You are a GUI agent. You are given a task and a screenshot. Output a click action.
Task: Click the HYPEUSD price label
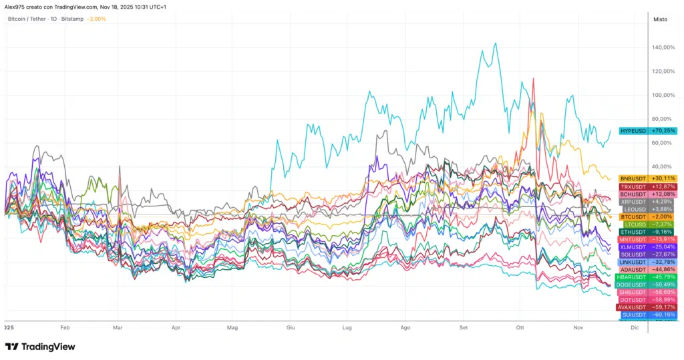[647, 131]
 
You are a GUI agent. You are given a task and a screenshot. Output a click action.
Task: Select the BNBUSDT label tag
[647, 178]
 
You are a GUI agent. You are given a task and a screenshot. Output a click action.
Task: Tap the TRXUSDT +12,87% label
[647, 186]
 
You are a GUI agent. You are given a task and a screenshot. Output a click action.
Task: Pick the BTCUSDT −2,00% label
[647, 216]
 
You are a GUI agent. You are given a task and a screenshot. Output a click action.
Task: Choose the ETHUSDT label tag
[647, 232]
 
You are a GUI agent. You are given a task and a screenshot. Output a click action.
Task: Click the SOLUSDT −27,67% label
[647, 254]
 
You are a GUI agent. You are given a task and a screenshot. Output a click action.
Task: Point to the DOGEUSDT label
[647, 285]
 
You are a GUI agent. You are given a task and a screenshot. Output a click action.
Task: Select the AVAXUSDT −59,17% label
[647, 307]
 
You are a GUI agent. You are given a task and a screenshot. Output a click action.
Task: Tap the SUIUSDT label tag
[647, 315]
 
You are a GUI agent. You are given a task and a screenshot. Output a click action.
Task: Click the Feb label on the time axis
[65, 329]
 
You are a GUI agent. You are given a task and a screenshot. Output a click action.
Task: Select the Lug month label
[347, 329]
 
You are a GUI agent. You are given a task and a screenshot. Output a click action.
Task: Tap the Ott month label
[520, 329]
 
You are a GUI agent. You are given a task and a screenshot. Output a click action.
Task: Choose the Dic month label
[635, 329]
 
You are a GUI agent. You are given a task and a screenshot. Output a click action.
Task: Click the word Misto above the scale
[660, 19]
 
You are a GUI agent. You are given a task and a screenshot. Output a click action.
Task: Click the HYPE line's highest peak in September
[495, 43]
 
